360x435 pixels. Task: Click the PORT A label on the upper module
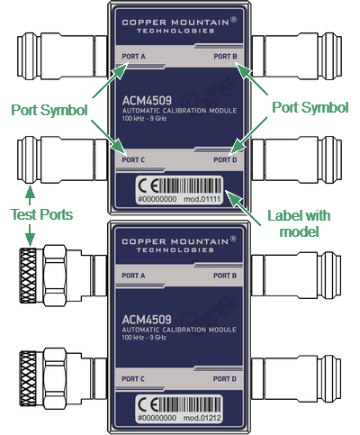click(x=133, y=57)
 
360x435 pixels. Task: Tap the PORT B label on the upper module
click(x=225, y=57)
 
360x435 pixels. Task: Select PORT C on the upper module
click(x=133, y=160)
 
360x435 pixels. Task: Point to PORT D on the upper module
click(x=225, y=160)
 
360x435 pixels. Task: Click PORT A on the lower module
click(x=133, y=276)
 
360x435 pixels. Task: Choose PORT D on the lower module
click(x=225, y=379)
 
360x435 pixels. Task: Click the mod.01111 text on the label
click(x=202, y=199)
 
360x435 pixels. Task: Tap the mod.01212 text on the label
click(x=202, y=418)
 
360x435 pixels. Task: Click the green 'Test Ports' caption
click(x=41, y=214)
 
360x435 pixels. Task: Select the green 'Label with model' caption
click(x=299, y=223)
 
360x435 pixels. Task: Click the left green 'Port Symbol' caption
click(x=49, y=110)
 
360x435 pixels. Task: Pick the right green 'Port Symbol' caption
click(x=310, y=107)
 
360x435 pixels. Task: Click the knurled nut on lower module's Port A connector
click(x=28, y=276)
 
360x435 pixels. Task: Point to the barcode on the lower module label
click(x=190, y=404)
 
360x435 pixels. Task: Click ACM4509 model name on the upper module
click(x=147, y=101)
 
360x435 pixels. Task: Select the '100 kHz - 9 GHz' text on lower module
click(x=144, y=338)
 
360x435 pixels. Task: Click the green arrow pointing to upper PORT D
click(x=249, y=136)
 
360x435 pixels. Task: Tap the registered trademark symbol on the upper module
click(x=234, y=20)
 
